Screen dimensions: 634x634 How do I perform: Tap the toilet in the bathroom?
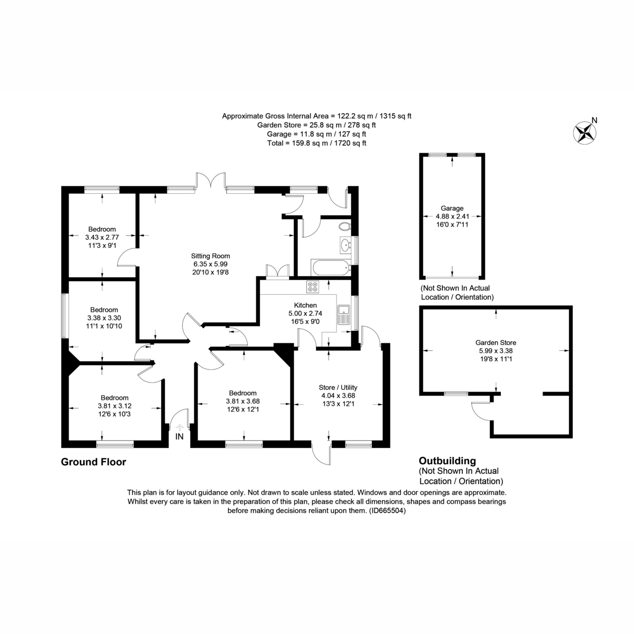[x=344, y=227]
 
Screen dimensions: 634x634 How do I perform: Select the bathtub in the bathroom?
[x=331, y=267]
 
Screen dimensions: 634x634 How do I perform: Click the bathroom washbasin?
[x=345, y=245]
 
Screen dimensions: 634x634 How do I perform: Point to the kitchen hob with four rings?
[x=313, y=287]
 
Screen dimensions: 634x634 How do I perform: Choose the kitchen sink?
[x=343, y=314]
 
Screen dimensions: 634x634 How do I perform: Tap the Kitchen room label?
[x=305, y=305]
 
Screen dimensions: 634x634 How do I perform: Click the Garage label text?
[x=452, y=208]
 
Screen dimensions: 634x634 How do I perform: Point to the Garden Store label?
[x=496, y=342]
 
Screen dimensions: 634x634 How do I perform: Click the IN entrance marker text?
[x=180, y=436]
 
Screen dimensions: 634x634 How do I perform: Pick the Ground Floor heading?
[x=94, y=462]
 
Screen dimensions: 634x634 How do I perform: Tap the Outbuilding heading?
[x=447, y=461]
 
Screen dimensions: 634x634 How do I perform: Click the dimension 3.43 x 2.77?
[x=102, y=237]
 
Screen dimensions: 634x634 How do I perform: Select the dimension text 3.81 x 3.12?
[x=115, y=406]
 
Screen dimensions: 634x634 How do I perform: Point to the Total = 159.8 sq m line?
[x=316, y=143]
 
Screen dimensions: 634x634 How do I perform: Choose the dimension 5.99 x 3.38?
[x=496, y=350]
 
